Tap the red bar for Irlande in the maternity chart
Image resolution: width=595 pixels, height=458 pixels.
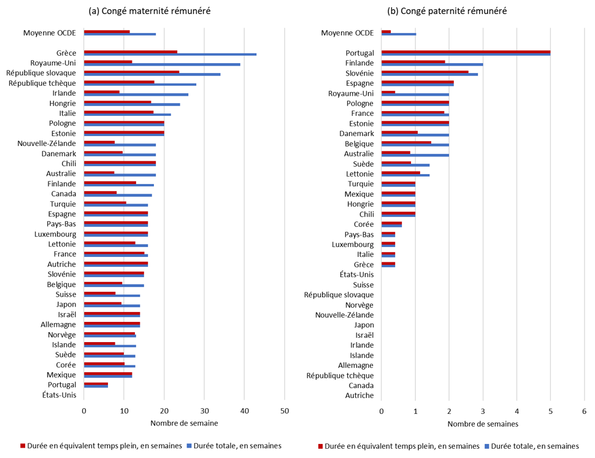102,92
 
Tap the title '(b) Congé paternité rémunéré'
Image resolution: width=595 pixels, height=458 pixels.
446,11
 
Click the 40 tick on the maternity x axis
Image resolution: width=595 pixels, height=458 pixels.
245,411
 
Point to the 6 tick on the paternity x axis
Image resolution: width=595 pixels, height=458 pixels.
584,411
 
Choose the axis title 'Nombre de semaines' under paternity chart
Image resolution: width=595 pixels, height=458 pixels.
483,424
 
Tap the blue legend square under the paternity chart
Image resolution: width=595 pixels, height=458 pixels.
488,446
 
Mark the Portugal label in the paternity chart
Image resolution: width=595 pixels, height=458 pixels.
359,53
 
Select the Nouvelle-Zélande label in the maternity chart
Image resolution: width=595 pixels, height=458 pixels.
47,143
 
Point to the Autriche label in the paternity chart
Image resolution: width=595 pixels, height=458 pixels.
359,395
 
